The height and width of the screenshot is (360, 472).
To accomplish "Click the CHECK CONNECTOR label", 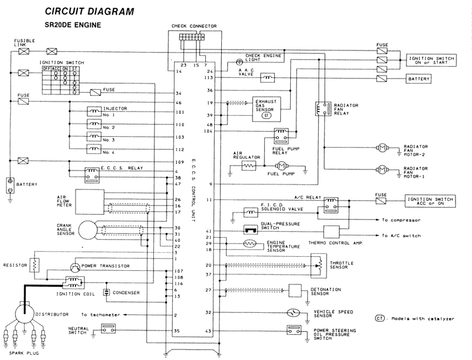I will point(194,26).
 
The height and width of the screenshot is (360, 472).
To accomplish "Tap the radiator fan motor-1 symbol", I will point(381,170).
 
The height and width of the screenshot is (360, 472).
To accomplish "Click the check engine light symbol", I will point(239,61).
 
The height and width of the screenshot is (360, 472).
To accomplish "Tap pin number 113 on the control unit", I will point(208,78).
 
